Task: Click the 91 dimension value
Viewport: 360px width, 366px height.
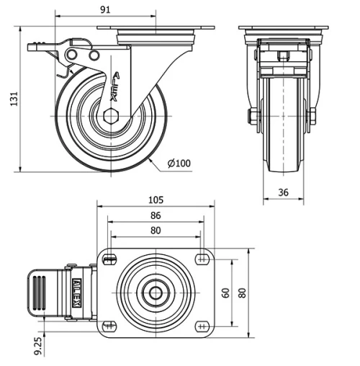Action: [x=105, y=9]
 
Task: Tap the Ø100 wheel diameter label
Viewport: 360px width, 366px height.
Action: [x=179, y=163]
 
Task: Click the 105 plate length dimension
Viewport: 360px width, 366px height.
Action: [x=156, y=200]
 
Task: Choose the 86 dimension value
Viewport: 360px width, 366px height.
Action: [x=156, y=215]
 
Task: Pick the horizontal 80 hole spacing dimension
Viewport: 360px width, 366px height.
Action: [x=156, y=231]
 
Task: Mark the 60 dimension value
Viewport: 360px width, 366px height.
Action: [x=225, y=293]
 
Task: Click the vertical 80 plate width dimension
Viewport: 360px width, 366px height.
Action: [x=243, y=293]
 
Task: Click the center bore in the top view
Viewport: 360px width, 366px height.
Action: [x=156, y=293]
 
